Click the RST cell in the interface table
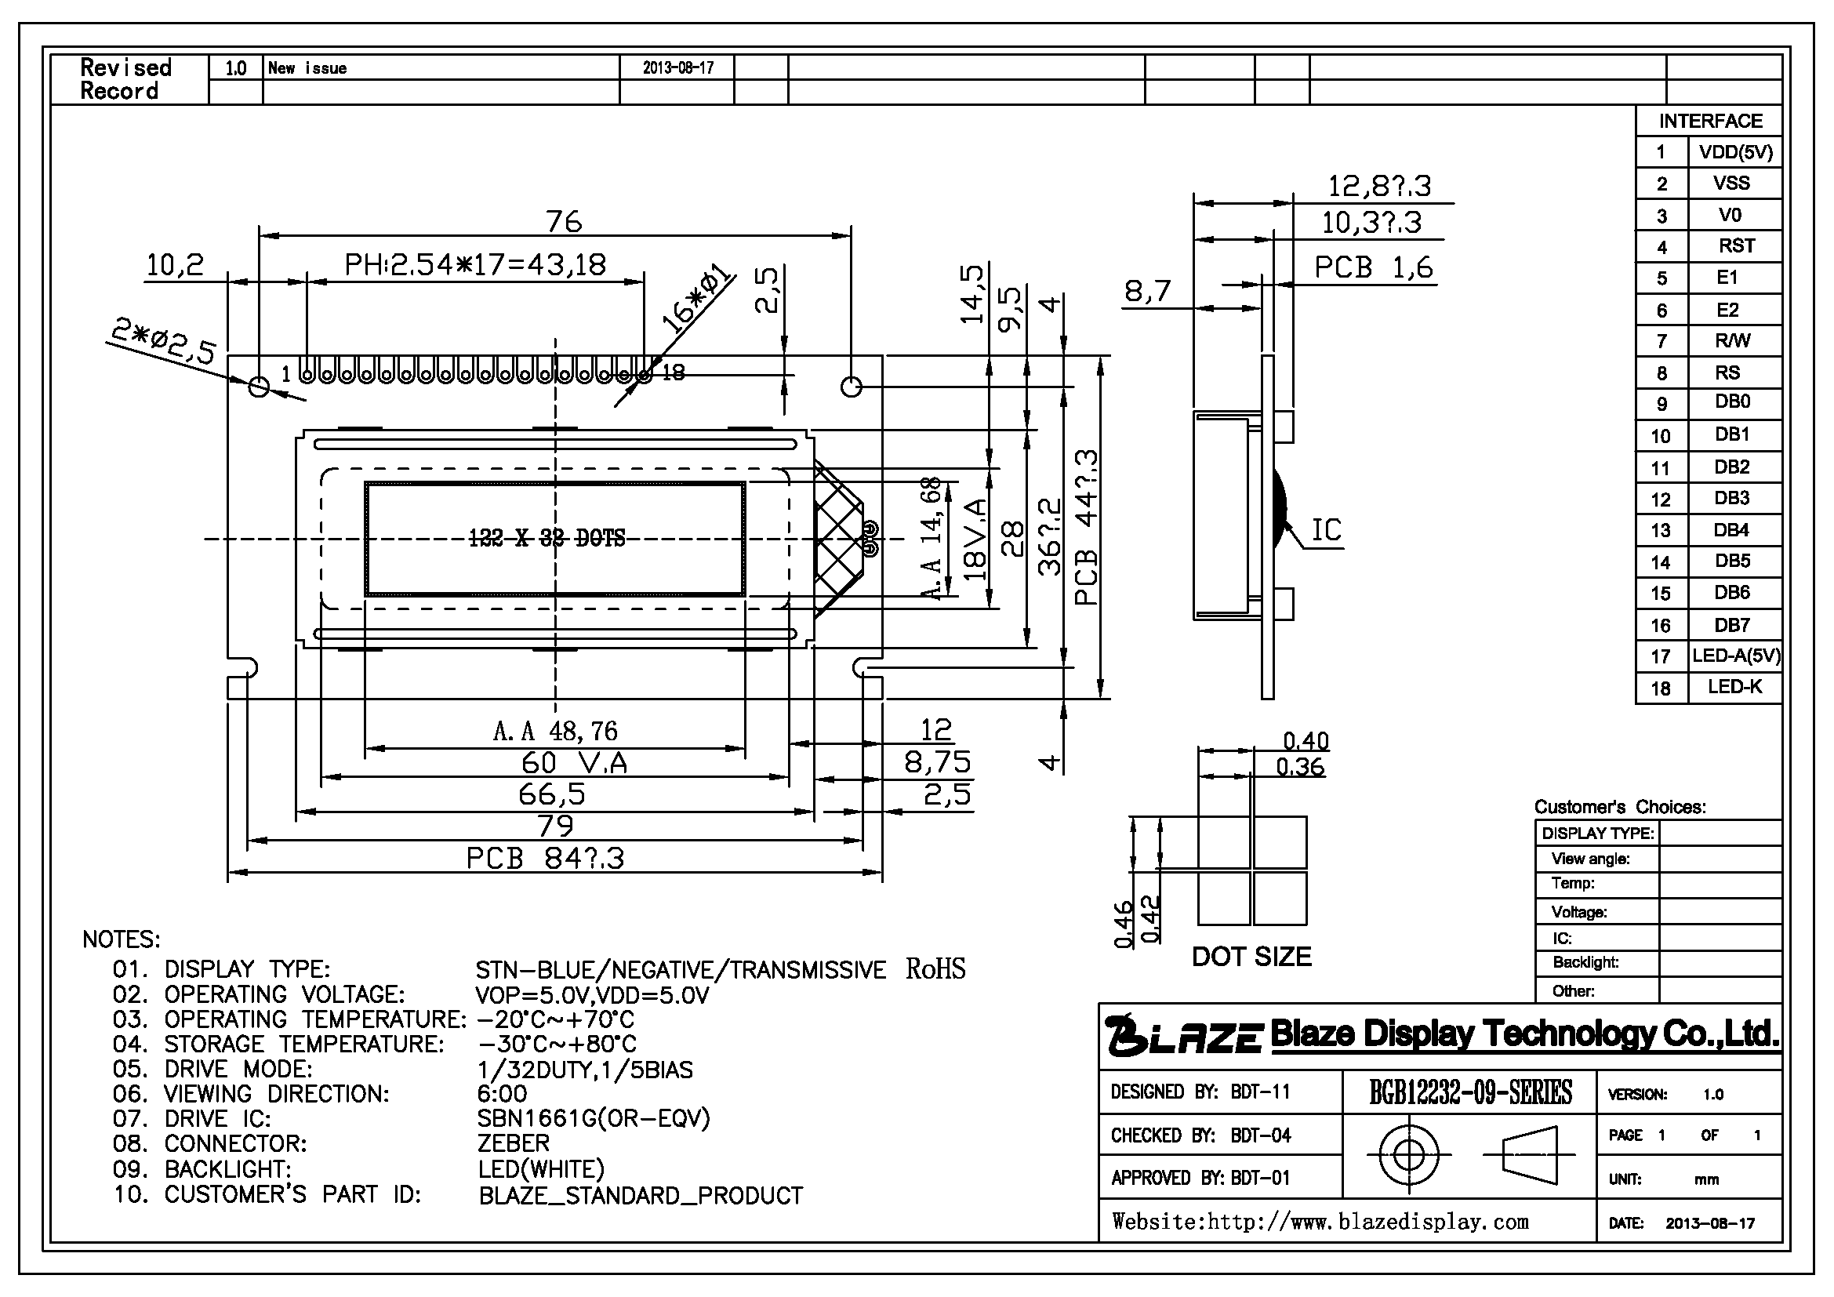(x=1737, y=246)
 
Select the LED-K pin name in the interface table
(x=1735, y=687)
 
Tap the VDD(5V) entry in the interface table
(x=1735, y=152)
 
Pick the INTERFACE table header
(x=1710, y=121)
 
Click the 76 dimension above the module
(x=564, y=221)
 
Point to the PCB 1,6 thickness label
(x=1374, y=267)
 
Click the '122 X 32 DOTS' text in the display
(x=547, y=538)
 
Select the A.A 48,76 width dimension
(x=556, y=731)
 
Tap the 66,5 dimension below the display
(x=552, y=794)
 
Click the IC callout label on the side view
(x=1327, y=529)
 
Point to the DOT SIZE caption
(x=1251, y=957)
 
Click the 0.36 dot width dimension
(x=1300, y=767)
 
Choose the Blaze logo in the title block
(x=1184, y=1034)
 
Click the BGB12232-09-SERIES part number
(x=1470, y=1092)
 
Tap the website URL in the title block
(x=1320, y=1222)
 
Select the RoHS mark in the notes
(x=935, y=968)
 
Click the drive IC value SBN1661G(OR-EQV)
(x=594, y=1118)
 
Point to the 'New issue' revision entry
(x=307, y=68)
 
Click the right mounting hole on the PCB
(x=852, y=387)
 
